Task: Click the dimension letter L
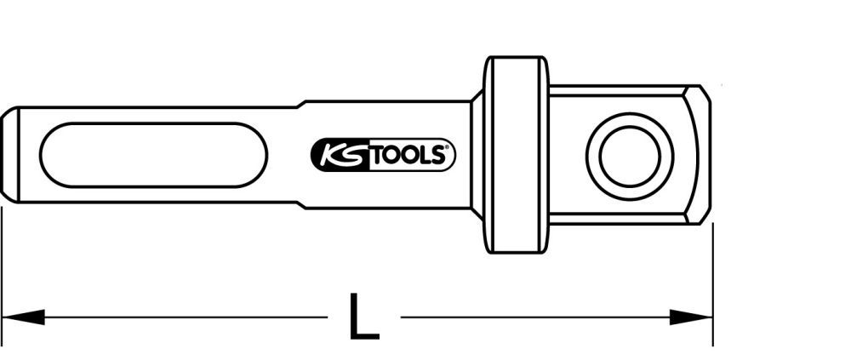click(x=365, y=317)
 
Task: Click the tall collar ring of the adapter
click(x=516, y=155)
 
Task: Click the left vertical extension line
click(x=2, y=272)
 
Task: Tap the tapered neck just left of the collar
click(x=477, y=155)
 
